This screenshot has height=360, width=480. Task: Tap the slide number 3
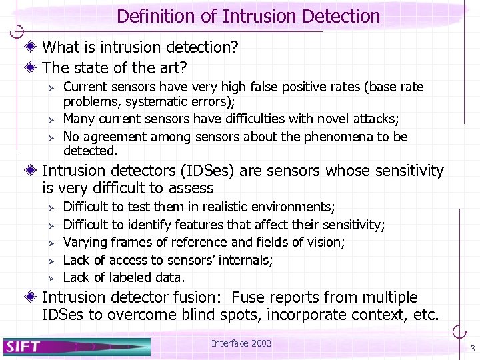[472, 349]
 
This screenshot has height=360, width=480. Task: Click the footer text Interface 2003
[241, 343]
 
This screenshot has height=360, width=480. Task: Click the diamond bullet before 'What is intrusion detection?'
[33, 47]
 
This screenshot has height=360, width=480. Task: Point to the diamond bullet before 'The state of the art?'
[33, 67]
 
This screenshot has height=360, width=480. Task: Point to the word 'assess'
[189, 189]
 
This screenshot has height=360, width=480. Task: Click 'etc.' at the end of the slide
[423, 315]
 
